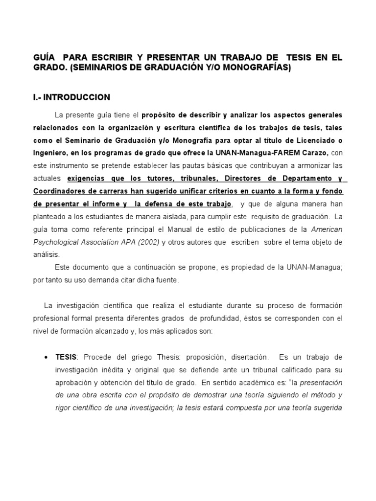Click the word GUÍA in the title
[43, 58]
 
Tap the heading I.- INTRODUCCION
[71, 97]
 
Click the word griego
[140, 356]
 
